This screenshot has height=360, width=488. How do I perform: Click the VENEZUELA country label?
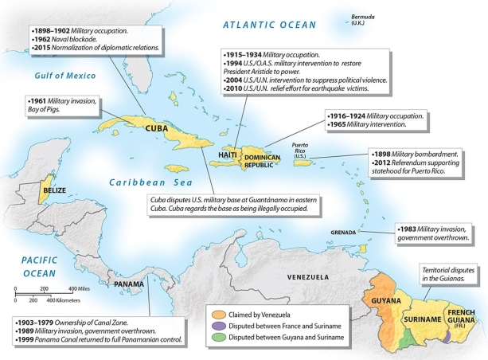tap(308, 277)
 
